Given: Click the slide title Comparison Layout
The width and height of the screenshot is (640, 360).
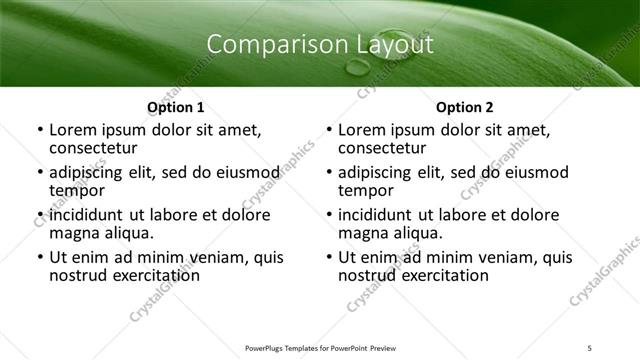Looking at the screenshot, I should pyautogui.click(x=320, y=45).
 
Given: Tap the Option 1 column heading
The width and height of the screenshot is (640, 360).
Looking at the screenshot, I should pyautogui.click(x=176, y=107).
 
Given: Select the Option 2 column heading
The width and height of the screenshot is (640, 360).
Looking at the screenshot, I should pyautogui.click(x=465, y=107).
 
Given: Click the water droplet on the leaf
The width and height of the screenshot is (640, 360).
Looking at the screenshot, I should pyautogui.click(x=357, y=68).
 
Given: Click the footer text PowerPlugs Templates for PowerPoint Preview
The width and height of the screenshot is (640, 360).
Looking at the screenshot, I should pyautogui.click(x=320, y=348).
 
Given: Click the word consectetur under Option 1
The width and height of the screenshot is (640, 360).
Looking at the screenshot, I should pyautogui.click(x=96, y=148).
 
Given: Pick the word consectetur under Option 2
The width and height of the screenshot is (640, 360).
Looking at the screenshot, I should pyautogui.click(x=385, y=148).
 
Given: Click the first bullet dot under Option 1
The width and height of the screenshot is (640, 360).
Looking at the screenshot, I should pyautogui.click(x=39, y=130).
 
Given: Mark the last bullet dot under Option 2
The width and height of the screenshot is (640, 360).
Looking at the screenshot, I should pyautogui.click(x=328, y=257).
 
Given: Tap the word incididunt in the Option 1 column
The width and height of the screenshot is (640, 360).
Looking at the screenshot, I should pyautogui.click(x=88, y=215).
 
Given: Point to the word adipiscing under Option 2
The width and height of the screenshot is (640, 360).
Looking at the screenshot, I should pyautogui.click(x=379, y=172).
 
